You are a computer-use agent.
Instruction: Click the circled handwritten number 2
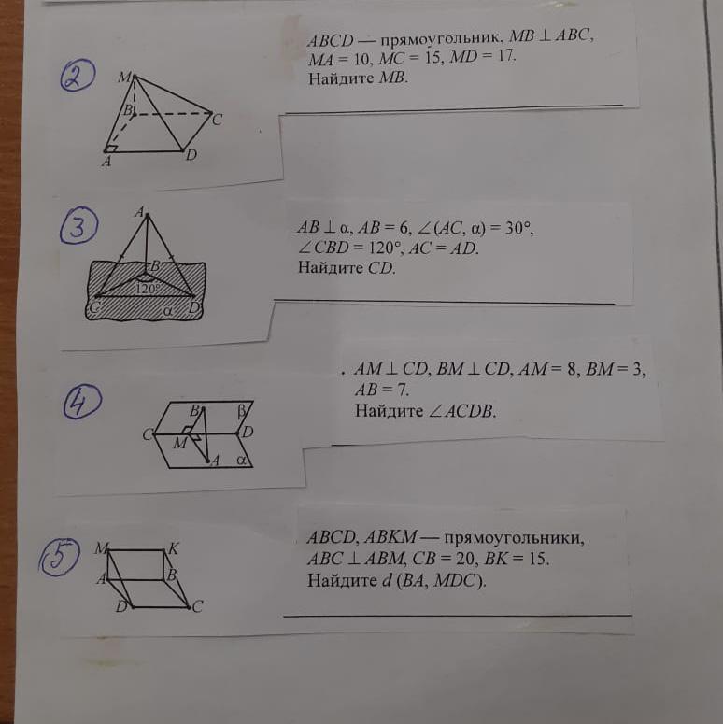click(x=78, y=75)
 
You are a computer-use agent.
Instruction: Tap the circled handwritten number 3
click(x=78, y=225)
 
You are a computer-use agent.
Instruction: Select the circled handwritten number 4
click(x=82, y=401)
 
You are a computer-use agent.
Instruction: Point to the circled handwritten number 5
click(x=59, y=557)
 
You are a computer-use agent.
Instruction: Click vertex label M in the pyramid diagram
click(x=124, y=77)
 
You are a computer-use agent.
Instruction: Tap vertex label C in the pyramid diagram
click(x=218, y=120)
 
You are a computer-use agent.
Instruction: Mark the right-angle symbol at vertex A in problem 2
click(x=111, y=148)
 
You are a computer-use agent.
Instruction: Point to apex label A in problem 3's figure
click(x=139, y=212)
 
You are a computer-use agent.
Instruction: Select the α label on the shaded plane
click(x=167, y=311)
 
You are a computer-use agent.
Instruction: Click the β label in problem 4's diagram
click(x=242, y=411)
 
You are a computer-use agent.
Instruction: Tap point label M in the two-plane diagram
click(x=179, y=443)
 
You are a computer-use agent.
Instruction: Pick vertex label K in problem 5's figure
click(x=173, y=548)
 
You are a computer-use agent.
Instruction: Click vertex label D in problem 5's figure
click(x=121, y=606)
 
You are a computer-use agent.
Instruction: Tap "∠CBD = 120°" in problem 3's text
click(x=350, y=248)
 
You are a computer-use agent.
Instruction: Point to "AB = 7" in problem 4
click(x=382, y=390)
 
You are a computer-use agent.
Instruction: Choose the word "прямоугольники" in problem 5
click(x=514, y=538)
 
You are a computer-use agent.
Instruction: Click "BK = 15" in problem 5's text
click(x=517, y=559)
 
